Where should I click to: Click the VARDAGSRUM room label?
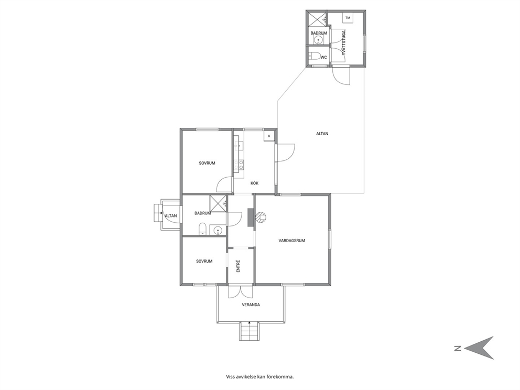tap(291, 241)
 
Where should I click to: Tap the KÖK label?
tap(254, 183)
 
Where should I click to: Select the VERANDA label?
tap(251, 305)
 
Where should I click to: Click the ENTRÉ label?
tap(238, 266)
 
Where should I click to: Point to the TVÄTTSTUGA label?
tap(343, 43)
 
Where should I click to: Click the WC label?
tap(323, 57)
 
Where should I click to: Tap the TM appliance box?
tap(348, 18)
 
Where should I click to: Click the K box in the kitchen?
tap(269, 136)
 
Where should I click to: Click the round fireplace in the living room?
tap(261, 217)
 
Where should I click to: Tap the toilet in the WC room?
tap(315, 57)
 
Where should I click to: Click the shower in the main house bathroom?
tap(218, 203)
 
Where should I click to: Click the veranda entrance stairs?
tap(250, 331)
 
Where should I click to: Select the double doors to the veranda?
tap(241, 291)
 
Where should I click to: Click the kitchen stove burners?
tap(239, 166)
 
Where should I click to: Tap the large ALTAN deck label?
tap(322, 134)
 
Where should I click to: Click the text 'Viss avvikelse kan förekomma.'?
tap(260, 377)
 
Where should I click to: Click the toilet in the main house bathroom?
tap(203, 229)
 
